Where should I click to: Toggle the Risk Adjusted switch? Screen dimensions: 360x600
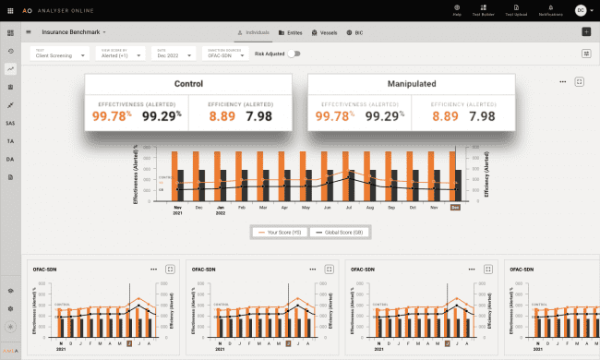tap(294, 54)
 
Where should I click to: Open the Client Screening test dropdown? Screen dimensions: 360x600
tap(60, 54)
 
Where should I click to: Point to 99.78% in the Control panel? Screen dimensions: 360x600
tap(114, 116)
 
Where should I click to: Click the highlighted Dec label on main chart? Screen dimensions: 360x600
tap(454, 208)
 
